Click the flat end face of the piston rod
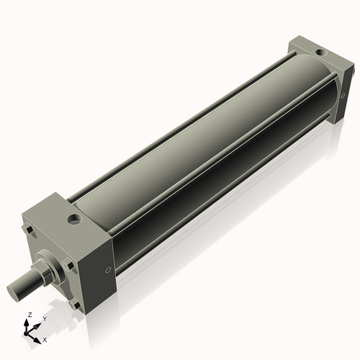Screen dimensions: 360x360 tap(15, 292)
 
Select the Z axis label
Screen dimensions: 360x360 tap(29, 315)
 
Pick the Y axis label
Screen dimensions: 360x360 tap(44, 318)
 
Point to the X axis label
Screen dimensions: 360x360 tap(45, 338)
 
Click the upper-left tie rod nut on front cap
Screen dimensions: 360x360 tap(30, 231)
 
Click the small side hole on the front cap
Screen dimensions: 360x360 tap(108, 270)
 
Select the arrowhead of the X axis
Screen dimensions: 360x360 tap(38, 336)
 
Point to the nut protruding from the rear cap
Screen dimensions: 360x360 tap(330, 114)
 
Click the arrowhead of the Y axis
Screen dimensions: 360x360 tap(37, 323)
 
